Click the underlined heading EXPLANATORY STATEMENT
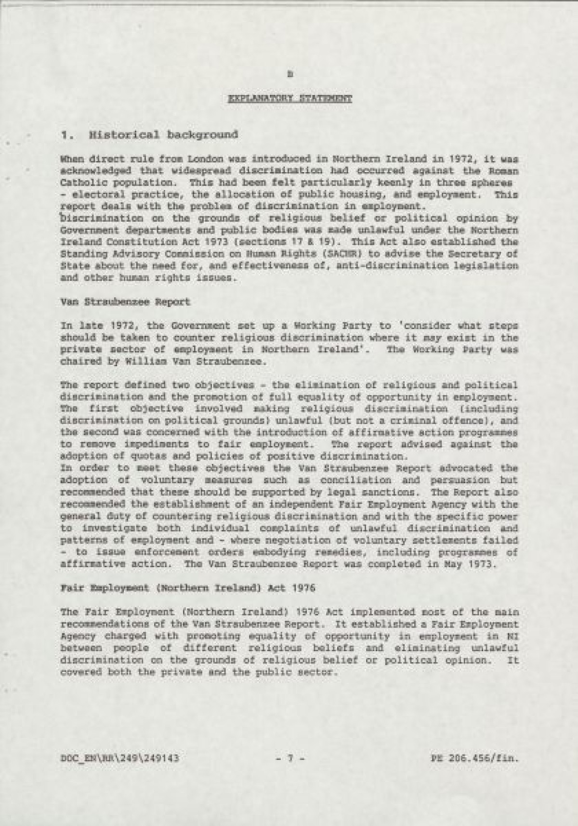pos(289,99)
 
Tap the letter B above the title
pos(289,74)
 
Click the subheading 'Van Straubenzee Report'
pos(126,302)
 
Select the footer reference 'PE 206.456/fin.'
pos(474,758)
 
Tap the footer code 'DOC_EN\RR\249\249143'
pos(120,758)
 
